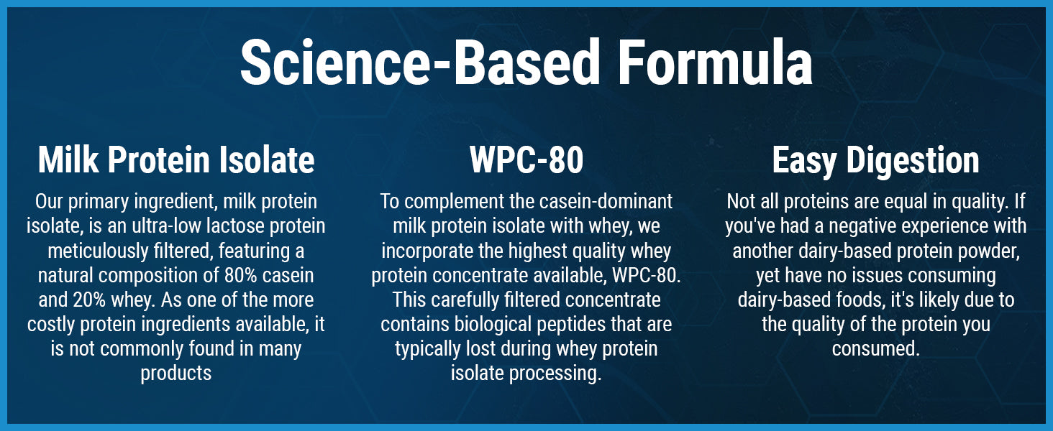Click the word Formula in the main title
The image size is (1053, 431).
715,62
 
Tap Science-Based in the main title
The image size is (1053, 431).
420,62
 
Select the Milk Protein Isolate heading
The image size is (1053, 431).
175,160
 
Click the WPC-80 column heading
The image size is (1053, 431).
526,160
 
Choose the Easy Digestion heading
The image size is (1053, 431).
876,161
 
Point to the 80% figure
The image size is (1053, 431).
240,275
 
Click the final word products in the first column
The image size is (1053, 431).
175,374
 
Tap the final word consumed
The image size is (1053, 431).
876,348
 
